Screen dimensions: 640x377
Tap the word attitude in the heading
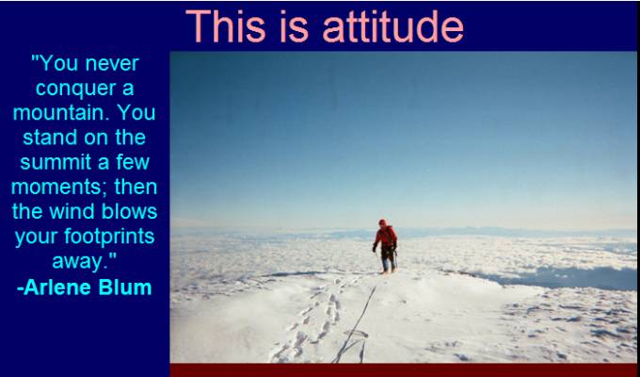pyautogui.click(x=393, y=25)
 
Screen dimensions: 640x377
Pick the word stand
pyautogui.click(x=45, y=138)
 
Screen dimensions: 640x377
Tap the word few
pyautogui.click(x=133, y=162)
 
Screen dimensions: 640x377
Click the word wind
pyautogui.click(x=72, y=211)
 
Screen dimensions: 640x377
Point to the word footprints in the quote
pyautogui.click(x=109, y=237)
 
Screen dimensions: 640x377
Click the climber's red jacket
pyautogui.click(x=385, y=237)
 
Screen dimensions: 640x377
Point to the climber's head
pyautogui.click(x=382, y=222)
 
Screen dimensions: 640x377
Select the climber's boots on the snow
pyautogui.click(x=388, y=269)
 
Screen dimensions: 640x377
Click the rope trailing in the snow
pyautogui.click(x=356, y=325)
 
